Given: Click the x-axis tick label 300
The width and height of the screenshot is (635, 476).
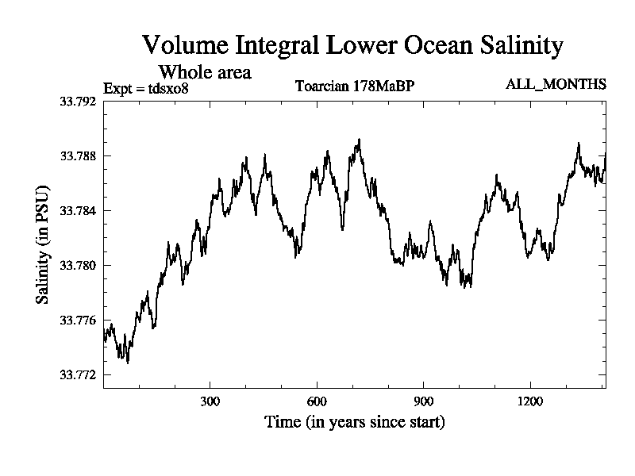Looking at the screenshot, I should pos(210,401).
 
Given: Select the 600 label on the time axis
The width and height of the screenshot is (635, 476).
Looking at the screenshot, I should pos(317,401).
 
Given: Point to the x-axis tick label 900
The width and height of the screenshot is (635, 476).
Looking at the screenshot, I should pos(424,401).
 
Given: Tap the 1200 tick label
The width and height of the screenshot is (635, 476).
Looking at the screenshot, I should pos(530,401).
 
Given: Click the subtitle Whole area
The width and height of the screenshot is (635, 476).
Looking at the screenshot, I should pos(206,72).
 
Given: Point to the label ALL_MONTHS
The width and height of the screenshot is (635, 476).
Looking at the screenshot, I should pos(556,84).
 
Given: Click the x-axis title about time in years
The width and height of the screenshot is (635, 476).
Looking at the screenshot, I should pos(354,421).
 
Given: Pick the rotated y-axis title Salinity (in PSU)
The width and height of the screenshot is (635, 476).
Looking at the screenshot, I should pos(42,247).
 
